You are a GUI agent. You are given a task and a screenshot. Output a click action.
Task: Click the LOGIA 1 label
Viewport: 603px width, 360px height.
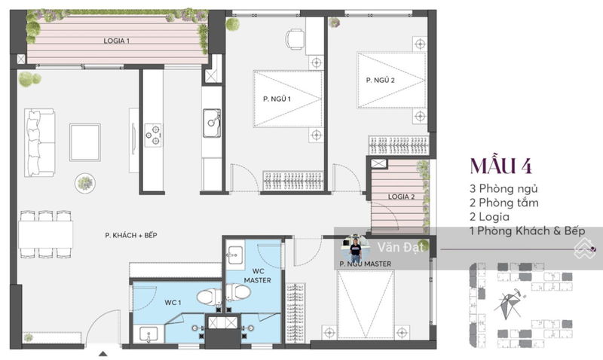click(x=116, y=41)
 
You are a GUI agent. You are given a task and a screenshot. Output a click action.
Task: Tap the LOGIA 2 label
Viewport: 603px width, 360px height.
click(x=401, y=197)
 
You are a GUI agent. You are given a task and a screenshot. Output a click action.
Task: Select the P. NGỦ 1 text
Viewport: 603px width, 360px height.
click(x=277, y=99)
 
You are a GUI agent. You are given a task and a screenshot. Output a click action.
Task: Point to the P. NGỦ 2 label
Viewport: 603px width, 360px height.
click(x=381, y=80)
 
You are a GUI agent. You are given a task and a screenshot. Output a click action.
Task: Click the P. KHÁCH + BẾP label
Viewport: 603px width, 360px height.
click(x=131, y=235)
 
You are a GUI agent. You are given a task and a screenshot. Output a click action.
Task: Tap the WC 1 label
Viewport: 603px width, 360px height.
click(x=173, y=303)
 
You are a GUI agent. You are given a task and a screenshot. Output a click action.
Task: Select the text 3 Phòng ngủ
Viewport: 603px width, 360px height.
click(x=504, y=188)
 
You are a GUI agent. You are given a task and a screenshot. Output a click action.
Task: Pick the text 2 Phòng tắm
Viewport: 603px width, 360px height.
click(x=504, y=203)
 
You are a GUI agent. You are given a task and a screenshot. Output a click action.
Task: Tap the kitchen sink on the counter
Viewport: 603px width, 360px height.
click(x=212, y=123)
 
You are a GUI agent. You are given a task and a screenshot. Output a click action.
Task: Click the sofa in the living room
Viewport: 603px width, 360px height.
click(x=39, y=142)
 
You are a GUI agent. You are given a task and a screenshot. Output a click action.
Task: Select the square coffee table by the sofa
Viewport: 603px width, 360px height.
click(x=85, y=142)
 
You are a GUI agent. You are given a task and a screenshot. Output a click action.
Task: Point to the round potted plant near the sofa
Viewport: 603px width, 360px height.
click(x=85, y=183)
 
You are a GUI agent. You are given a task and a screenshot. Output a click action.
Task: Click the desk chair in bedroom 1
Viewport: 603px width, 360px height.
click(x=295, y=39)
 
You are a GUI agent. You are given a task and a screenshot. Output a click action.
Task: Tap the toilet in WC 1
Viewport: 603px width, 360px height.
click(x=209, y=297)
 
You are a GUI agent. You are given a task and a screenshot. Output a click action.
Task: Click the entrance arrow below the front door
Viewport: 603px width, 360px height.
click(x=103, y=354)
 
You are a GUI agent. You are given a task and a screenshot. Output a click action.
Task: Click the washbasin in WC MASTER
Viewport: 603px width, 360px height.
click(x=235, y=255)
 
